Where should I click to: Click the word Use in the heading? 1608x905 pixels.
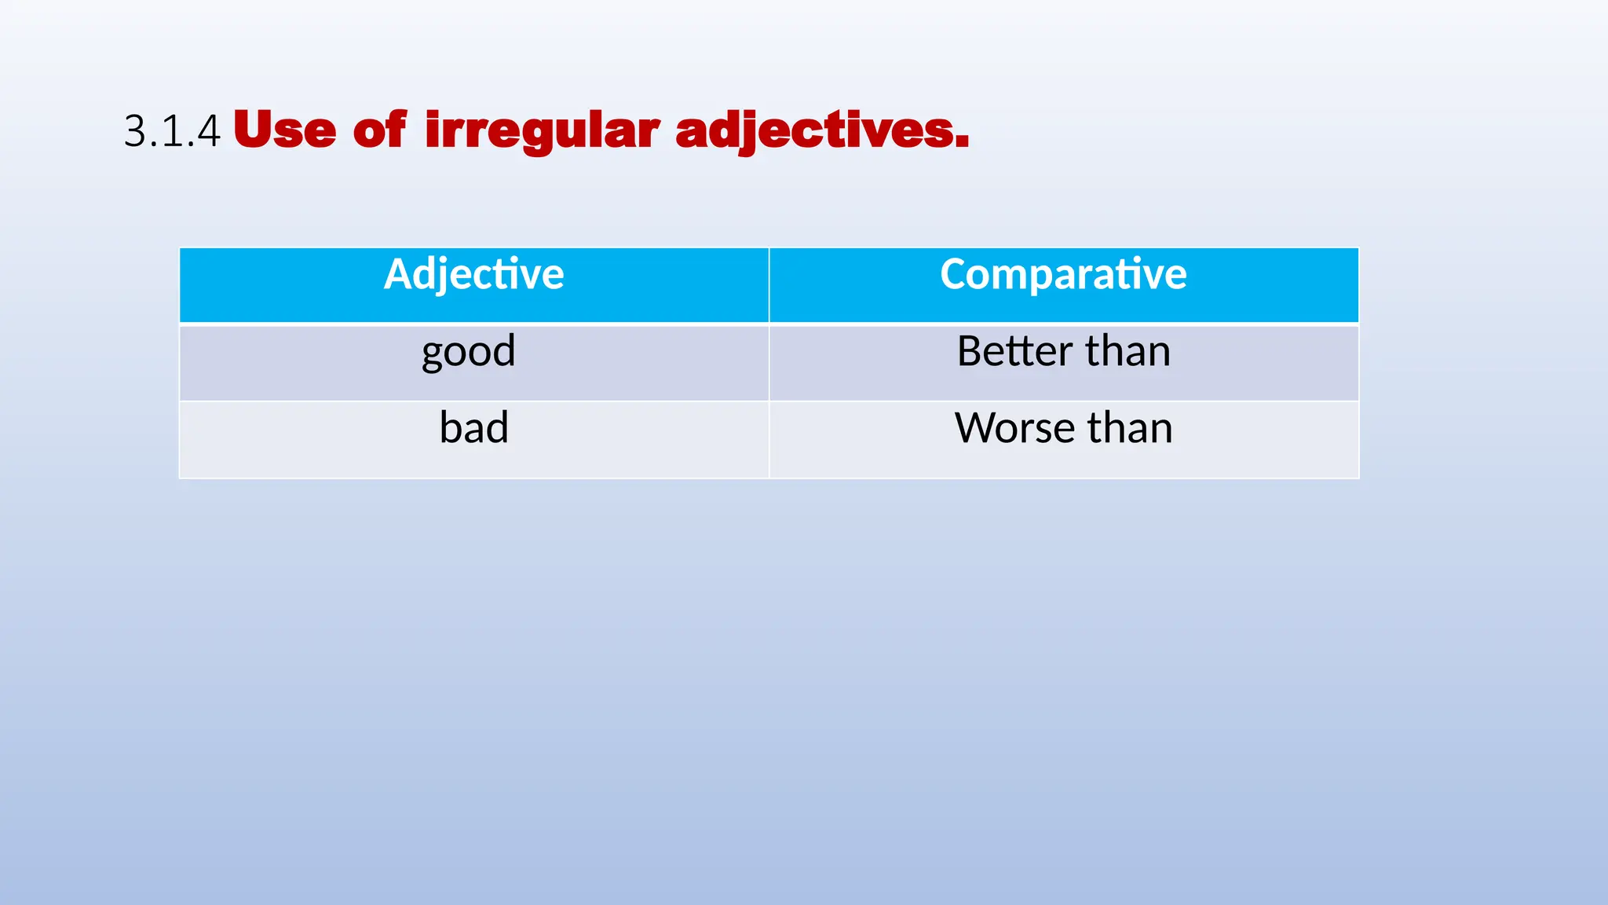click(284, 130)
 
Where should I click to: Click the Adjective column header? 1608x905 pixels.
click(473, 274)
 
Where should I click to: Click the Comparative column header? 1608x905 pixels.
click(1063, 274)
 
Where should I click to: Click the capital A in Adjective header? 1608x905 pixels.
click(397, 274)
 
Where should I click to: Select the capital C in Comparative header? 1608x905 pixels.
click(955, 274)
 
